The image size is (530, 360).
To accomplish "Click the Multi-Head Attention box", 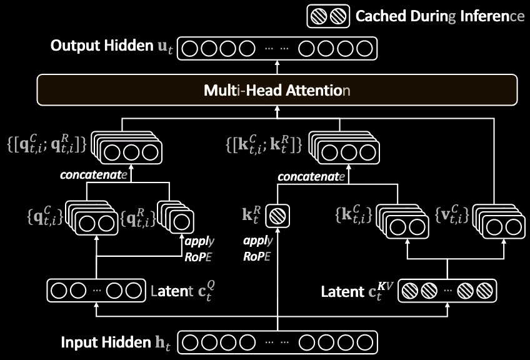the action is (277, 90).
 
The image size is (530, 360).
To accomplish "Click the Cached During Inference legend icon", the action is (328, 16).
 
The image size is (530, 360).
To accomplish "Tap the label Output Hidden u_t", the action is (111, 46).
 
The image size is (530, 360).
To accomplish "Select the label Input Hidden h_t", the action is (116, 342).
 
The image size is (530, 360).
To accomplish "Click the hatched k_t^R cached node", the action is (277, 216).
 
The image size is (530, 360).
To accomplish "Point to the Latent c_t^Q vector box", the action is (96, 291).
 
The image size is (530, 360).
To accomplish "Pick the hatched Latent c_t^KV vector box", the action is (447, 291).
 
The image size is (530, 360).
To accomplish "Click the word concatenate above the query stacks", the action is (94, 175).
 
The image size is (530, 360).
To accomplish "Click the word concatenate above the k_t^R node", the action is (311, 176).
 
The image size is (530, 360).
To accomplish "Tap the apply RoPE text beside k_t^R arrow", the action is (257, 249).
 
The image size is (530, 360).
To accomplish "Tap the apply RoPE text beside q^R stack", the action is (199, 249).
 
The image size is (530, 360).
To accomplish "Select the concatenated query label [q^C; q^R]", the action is (47, 144).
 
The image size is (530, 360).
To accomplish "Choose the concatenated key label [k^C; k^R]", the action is (264, 144).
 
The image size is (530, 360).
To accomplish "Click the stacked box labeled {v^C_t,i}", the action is (499, 221).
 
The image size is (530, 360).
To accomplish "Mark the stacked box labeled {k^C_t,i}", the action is (402, 221).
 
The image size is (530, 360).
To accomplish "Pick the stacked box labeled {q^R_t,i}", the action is (176, 217).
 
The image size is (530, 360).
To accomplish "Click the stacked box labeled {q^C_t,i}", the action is (91, 217).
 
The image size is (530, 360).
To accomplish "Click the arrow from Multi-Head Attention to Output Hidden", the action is (277, 67).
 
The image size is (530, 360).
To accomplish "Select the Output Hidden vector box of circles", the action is (277, 48).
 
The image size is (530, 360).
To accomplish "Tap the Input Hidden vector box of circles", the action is (277, 342).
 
